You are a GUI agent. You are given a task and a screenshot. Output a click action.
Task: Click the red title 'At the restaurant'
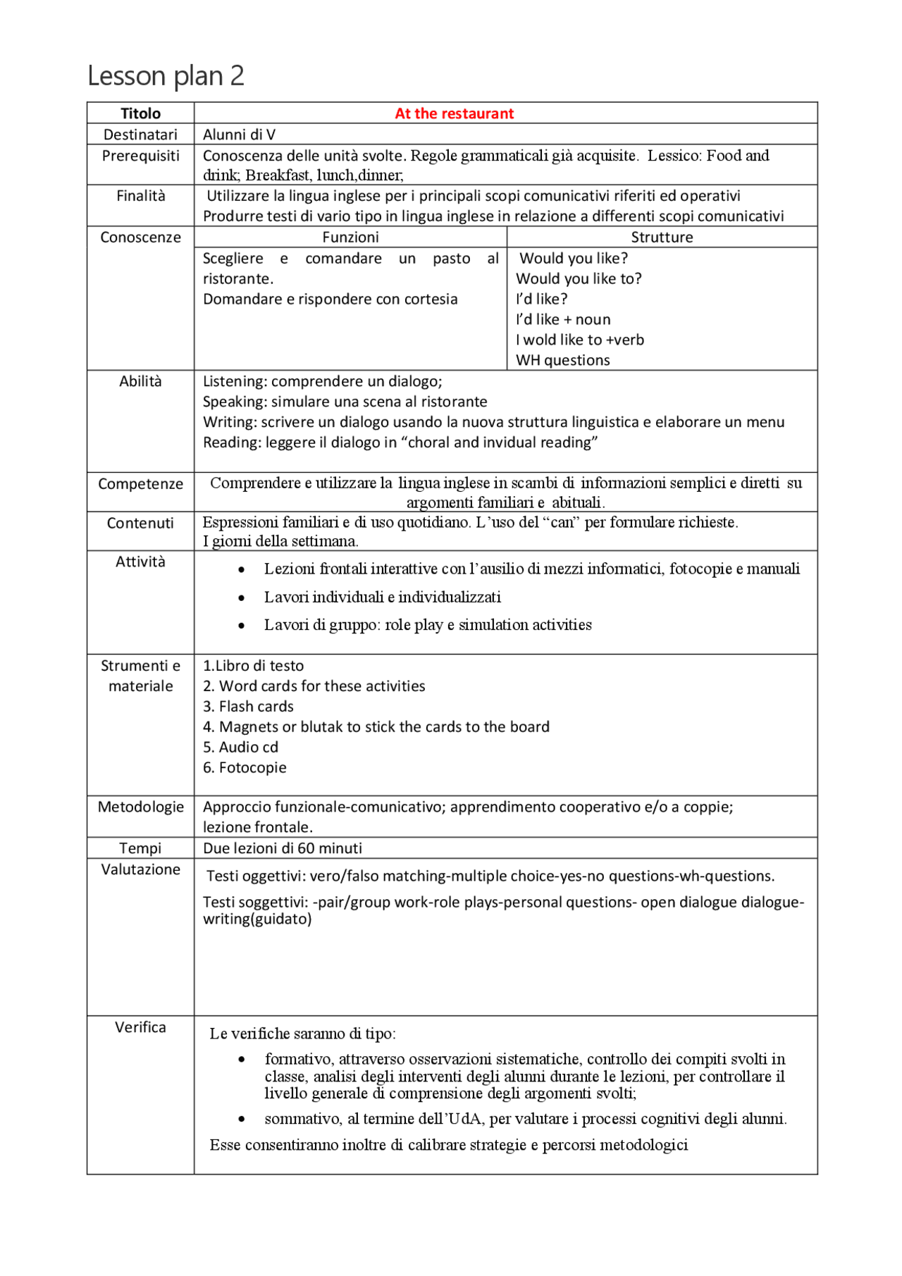coord(454,113)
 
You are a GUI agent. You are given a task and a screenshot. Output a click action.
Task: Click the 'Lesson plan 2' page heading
coord(166,75)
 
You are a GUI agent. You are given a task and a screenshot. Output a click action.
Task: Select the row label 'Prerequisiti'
coord(140,156)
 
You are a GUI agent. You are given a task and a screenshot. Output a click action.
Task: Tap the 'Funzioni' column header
coord(350,237)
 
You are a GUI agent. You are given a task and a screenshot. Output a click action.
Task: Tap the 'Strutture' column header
coord(662,237)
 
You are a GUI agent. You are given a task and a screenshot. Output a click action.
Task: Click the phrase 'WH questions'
coord(562,360)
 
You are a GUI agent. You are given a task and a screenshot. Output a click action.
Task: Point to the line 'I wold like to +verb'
coord(579,340)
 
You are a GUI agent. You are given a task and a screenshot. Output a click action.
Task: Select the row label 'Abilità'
coord(140,381)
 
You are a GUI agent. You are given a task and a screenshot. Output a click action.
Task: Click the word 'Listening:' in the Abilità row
coord(235,381)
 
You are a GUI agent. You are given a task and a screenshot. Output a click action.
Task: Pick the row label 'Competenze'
coord(140,484)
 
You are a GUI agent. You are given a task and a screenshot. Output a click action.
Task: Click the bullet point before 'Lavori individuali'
coord(242,598)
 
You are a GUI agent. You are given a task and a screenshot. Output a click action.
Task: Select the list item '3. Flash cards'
coord(248,706)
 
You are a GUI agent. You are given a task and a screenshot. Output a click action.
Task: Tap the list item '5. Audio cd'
coord(240,747)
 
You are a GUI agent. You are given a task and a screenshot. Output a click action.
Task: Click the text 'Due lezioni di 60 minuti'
coord(283,848)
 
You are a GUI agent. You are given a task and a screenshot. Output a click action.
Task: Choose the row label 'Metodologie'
coord(140,807)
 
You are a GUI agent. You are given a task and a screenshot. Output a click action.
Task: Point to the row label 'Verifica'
coord(140,1027)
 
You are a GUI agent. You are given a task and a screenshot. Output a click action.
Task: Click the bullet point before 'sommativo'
coord(242,1119)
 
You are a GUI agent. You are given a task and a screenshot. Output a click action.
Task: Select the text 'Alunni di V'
coord(239,135)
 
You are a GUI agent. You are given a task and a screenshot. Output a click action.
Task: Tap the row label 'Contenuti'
coord(140,523)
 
